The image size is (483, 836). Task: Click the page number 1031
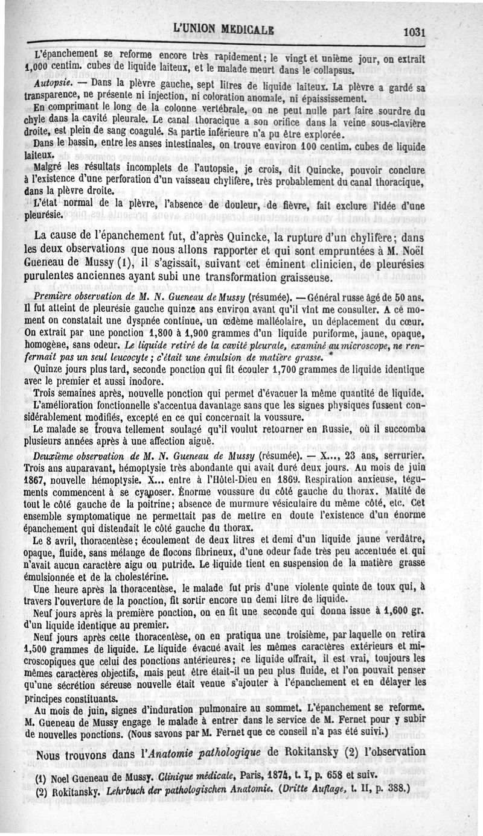[x=412, y=32]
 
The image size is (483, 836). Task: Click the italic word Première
[x=55, y=297]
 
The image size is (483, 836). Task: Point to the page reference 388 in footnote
[x=395, y=788]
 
